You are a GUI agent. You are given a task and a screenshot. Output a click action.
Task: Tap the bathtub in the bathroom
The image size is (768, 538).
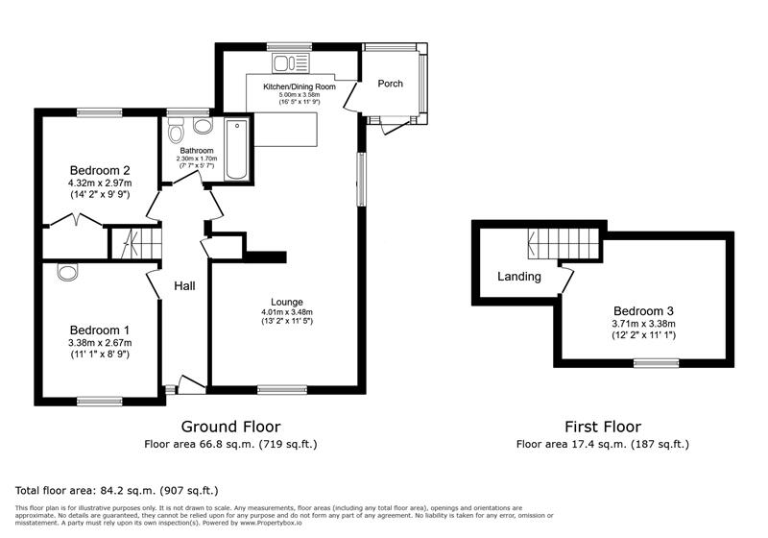click(x=236, y=149)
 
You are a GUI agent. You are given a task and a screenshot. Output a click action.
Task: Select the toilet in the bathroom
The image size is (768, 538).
click(x=202, y=126)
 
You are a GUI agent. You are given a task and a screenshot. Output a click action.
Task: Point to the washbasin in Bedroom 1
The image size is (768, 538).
click(x=67, y=272)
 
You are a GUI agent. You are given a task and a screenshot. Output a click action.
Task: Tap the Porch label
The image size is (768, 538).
click(x=390, y=84)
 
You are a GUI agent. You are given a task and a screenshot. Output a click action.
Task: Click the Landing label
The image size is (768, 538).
click(x=518, y=277)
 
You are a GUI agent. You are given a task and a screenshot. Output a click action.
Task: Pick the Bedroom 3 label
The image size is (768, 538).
click(x=643, y=310)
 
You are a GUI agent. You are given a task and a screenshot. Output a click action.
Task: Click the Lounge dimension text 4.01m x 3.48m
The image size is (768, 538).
click(x=287, y=312)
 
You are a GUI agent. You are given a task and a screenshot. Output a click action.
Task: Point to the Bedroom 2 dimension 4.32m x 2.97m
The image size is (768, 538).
click(x=100, y=183)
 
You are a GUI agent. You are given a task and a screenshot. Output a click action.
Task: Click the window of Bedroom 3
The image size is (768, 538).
click(x=655, y=363)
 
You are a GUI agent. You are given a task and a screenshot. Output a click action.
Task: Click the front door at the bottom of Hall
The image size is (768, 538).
click(x=190, y=386)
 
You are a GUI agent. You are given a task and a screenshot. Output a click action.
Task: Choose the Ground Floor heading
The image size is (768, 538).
click(x=231, y=427)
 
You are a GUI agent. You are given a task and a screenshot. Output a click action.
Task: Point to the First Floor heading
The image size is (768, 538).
click(x=602, y=427)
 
